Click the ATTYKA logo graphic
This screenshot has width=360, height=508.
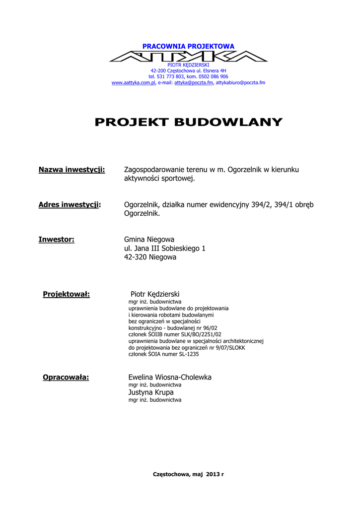tap(188, 56)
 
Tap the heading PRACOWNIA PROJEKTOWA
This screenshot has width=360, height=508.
tap(188, 46)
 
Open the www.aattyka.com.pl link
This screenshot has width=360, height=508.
tap(133, 83)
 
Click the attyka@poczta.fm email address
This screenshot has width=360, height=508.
tap(193, 83)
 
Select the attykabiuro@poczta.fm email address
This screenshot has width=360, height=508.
tap(240, 83)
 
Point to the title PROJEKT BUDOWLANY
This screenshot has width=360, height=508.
tap(188, 122)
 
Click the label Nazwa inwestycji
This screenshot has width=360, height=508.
tap(72, 170)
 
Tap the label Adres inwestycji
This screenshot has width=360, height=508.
tap(70, 205)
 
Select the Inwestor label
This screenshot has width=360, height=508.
tap(56, 240)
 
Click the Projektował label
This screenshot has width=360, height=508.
tap(66, 294)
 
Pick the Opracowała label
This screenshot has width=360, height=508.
tap(66, 378)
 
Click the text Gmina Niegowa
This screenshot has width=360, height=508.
tap(149, 240)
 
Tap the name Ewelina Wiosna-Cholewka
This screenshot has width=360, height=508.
tap(170, 378)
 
